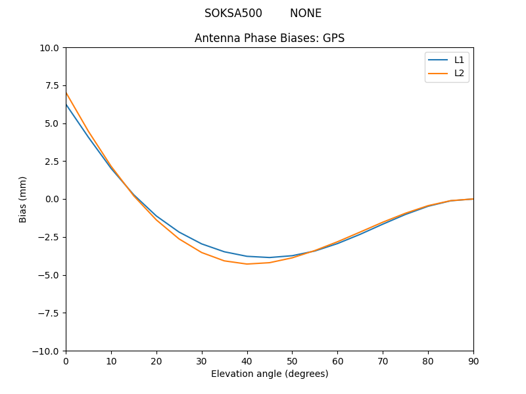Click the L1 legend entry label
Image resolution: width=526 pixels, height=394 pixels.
(x=459, y=60)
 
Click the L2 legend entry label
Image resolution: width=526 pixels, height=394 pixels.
(x=459, y=73)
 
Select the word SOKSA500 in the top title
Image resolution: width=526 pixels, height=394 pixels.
(x=233, y=13)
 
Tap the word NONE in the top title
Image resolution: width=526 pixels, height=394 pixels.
(x=306, y=13)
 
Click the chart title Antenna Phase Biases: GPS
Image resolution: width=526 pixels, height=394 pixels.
(x=270, y=38)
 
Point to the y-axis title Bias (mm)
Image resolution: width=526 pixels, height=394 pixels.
(x=23, y=199)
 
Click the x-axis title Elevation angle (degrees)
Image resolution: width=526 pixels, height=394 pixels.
(x=270, y=374)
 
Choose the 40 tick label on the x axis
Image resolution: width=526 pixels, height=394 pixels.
(x=247, y=361)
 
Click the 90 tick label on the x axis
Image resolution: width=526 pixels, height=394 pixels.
(x=473, y=361)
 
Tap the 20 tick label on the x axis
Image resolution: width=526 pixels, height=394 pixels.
(x=156, y=361)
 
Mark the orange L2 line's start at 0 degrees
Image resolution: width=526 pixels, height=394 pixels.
(x=66, y=92)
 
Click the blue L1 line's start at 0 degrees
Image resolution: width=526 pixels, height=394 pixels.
(x=66, y=104)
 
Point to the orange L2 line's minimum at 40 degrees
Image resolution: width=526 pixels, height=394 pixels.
(x=247, y=264)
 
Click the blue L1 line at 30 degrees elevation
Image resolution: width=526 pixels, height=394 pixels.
(x=202, y=244)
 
